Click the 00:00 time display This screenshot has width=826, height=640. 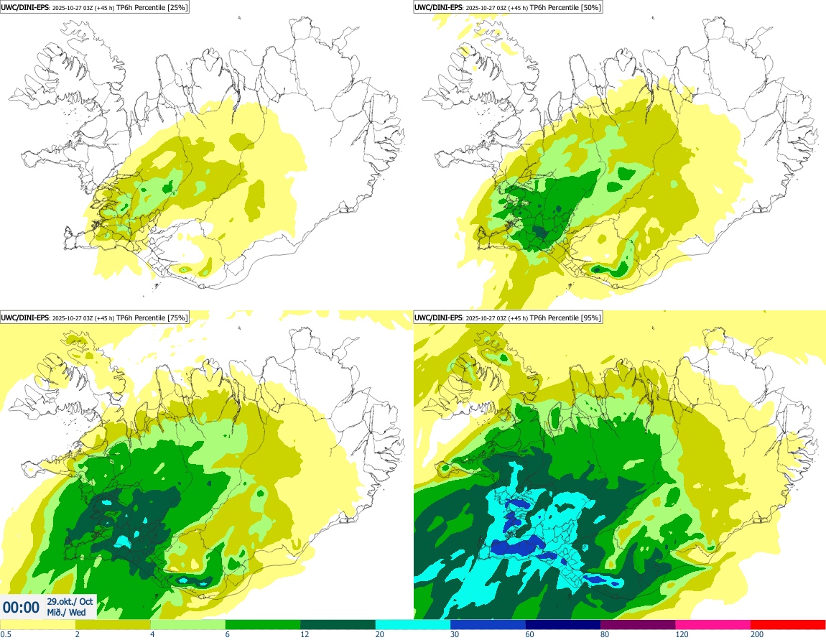[22, 607]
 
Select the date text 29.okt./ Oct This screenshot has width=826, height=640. [70, 601]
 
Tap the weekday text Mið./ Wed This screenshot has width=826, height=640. [67, 613]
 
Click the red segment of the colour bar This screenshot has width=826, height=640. [788, 625]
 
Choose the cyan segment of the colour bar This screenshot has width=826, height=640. [413, 625]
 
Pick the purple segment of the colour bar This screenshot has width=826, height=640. [638, 625]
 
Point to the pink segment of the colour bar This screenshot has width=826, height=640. [713, 625]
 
